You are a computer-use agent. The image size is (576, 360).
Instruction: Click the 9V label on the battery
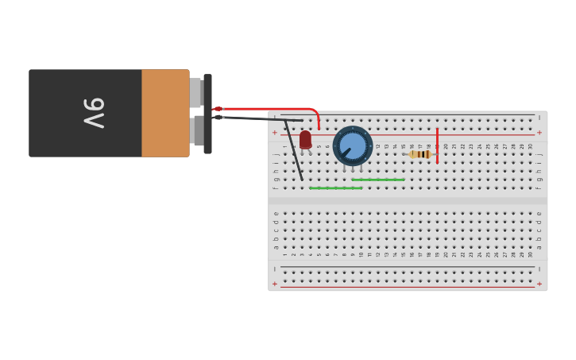[94, 113]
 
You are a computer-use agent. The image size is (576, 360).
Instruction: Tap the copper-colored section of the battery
[165, 113]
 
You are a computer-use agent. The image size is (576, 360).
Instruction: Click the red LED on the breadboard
[305, 139]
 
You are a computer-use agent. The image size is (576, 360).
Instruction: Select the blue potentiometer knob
[353, 145]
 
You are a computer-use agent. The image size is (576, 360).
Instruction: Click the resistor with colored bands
[419, 154]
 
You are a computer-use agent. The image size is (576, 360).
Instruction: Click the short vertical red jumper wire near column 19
[437, 145]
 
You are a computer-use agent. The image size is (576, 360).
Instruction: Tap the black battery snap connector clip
[207, 114]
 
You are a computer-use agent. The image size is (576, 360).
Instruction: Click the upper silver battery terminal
[195, 93]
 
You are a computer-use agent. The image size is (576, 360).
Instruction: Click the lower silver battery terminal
[197, 130]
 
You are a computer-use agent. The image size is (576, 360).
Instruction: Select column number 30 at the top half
[530, 146]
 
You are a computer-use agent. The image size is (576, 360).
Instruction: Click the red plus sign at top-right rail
[539, 132]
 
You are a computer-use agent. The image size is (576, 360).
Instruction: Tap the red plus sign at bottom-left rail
[275, 284]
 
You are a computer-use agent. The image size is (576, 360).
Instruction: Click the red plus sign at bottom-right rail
[539, 284]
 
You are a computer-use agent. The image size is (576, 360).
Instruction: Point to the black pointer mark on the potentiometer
[346, 152]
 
